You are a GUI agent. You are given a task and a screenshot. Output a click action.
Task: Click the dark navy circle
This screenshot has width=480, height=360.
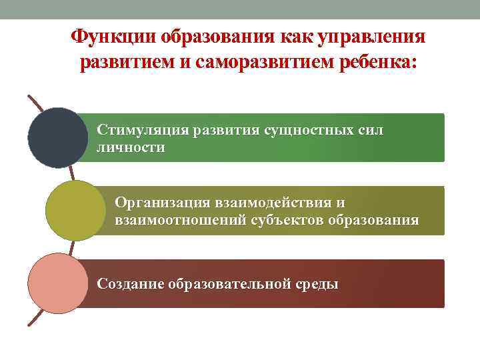pos(58,137)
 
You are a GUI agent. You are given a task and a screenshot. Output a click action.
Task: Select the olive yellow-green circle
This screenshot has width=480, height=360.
pos(75,211)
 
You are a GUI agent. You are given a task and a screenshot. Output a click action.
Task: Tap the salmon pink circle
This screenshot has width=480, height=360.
pos(58,283)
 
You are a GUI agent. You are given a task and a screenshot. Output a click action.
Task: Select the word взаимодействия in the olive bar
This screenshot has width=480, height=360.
pos(274,202)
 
